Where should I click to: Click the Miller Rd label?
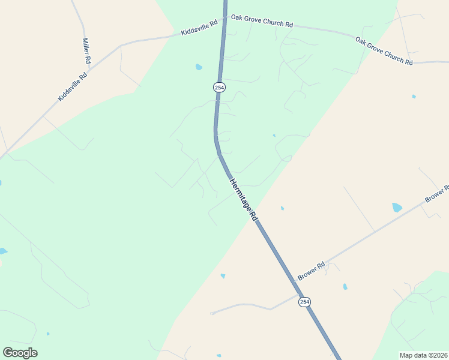(x=86, y=51)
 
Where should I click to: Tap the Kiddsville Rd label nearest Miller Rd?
(x=73, y=86)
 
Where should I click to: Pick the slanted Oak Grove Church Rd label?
(x=384, y=51)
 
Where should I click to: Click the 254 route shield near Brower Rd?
(x=304, y=302)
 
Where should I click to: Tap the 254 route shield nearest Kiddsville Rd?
(x=219, y=88)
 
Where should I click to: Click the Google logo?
(x=20, y=353)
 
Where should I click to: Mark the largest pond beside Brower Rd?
(x=397, y=208)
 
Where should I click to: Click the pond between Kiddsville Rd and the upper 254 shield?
(x=199, y=67)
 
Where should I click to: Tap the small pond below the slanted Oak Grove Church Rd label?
(x=414, y=96)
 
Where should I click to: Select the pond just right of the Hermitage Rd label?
(x=282, y=208)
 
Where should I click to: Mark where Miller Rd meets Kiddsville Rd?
(x=119, y=46)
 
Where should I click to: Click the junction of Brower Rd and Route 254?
(x=299, y=294)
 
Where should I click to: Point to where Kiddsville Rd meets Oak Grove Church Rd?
(x=225, y=18)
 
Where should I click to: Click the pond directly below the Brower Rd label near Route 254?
(x=345, y=286)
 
